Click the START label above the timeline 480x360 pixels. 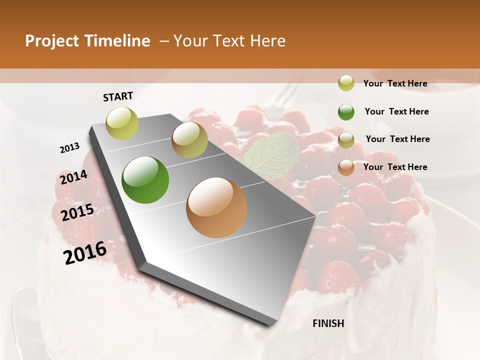click(x=118, y=96)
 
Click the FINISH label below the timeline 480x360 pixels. click(x=328, y=323)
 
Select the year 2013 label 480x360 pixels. click(x=69, y=148)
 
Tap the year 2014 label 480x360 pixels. click(x=73, y=177)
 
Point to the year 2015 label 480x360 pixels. click(x=77, y=212)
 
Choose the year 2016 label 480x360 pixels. click(x=85, y=253)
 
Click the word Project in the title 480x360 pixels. click(x=52, y=41)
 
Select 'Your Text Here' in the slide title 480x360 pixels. click(x=229, y=41)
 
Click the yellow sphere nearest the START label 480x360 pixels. click(x=122, y=123)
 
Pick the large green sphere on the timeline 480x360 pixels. click(x=145, y=180)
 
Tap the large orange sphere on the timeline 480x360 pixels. click(x=216, y=207)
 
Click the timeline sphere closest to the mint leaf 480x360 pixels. click(x=189, y=140)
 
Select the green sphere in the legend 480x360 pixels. click(x=346, y=112)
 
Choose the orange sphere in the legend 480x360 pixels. click(x=346, y=167)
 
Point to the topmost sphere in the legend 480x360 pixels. click(x=346, y=83)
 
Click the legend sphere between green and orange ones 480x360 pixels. click(x=346, y=140)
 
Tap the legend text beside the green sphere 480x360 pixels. click(x=396, y=111)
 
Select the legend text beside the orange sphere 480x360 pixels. click(x=395, y=167)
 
